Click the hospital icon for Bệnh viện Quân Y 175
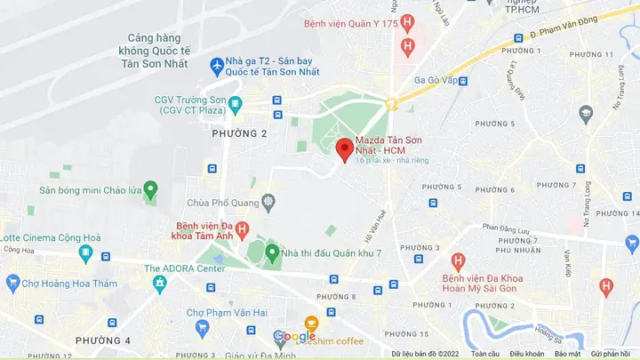point(408,23)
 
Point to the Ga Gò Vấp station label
point(436,80)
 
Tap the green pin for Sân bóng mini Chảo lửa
point(150,189)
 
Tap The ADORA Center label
point(185,268)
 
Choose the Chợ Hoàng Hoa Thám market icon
point(12,284)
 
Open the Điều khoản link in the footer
point(527,354)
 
